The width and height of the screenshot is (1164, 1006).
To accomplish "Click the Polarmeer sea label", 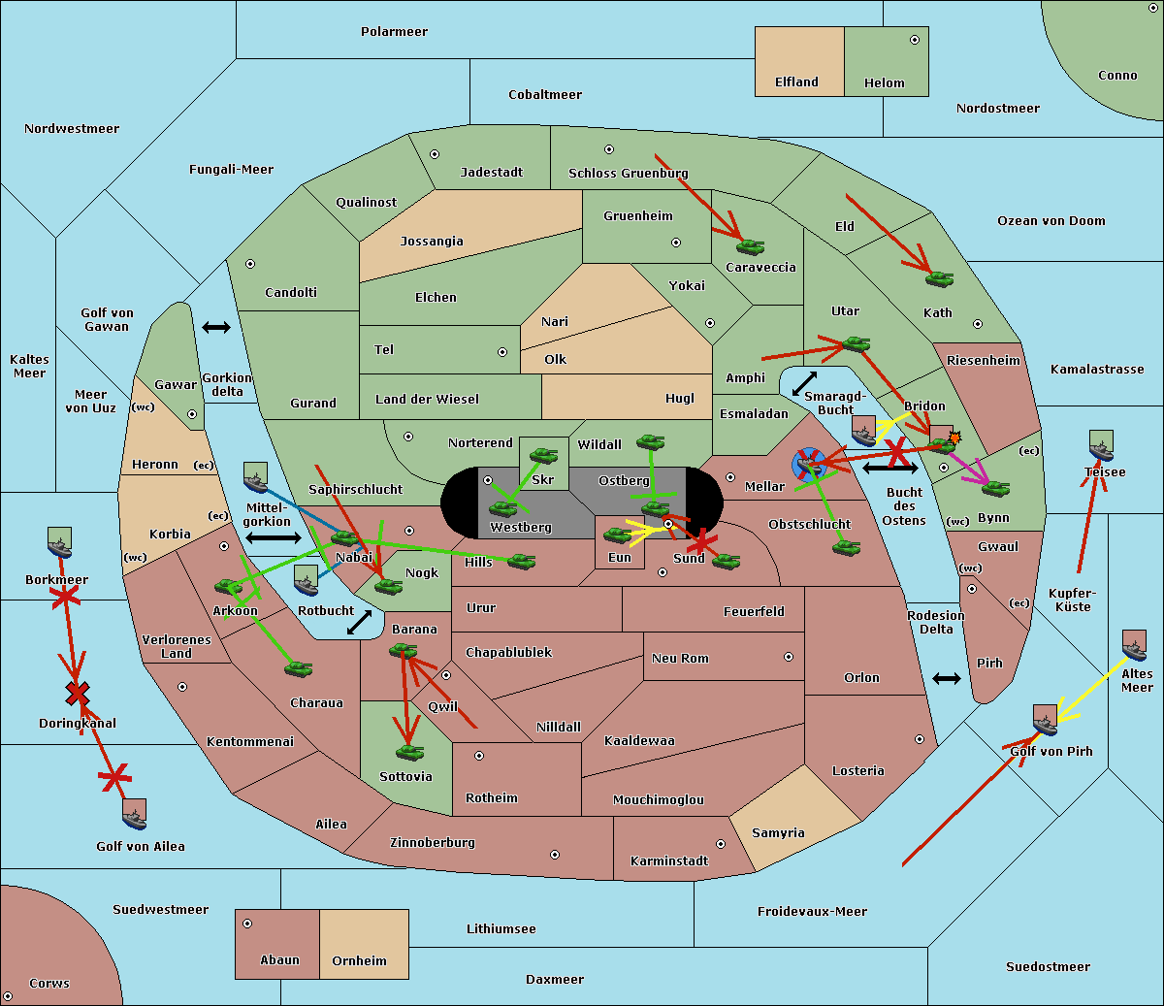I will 394,32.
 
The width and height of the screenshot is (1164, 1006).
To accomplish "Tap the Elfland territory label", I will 796,82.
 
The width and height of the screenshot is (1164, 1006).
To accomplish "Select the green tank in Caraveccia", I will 750,247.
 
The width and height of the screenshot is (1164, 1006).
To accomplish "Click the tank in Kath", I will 939,279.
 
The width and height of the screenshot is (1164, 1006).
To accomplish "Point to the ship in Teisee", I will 1101,447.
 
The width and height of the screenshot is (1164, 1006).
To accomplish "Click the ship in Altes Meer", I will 1134,645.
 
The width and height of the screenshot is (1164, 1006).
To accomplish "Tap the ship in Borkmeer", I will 59,543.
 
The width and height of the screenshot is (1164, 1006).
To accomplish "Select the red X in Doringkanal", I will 78,693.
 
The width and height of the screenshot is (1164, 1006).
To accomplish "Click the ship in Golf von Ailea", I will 135,814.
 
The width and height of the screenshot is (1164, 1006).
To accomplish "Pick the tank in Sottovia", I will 409,752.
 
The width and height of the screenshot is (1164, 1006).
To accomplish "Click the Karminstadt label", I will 669,861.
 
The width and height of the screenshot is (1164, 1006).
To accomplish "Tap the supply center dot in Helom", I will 914,40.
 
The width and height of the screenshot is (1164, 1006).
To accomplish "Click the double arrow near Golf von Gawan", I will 215,328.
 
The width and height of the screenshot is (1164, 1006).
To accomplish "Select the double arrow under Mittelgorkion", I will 274,537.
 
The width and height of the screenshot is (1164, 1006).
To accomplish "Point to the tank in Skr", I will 543,454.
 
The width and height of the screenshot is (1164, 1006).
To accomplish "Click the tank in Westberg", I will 503,508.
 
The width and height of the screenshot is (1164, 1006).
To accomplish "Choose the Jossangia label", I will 432,242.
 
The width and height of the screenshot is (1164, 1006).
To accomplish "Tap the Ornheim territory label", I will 359,961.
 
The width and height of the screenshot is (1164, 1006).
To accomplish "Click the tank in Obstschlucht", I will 846,547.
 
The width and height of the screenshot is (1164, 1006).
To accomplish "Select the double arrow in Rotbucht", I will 359,622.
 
